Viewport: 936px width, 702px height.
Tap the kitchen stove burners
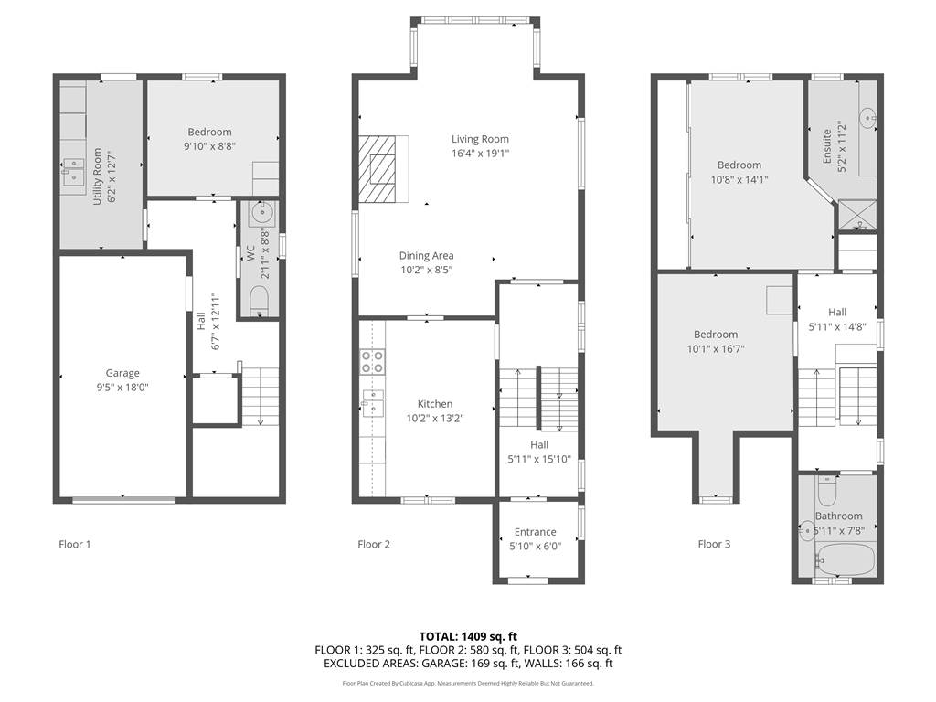(371, 362)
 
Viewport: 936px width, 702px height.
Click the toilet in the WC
(259, 300)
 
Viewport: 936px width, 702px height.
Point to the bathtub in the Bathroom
(846, 560)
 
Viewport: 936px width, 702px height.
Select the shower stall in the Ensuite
(857, 215)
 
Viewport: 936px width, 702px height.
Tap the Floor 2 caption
(374, 544)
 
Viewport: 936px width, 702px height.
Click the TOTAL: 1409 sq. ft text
(468, 636)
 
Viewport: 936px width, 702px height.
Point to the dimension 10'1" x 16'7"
(716, 348)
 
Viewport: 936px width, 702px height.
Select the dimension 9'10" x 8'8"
(209, 145)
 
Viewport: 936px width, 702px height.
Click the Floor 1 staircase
(261, 397)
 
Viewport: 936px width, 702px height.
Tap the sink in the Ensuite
(867, 118)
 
